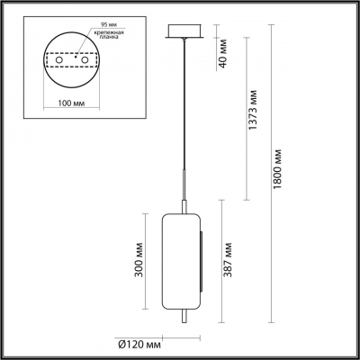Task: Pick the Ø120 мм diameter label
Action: pyautogui.click(x=146, y=343)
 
